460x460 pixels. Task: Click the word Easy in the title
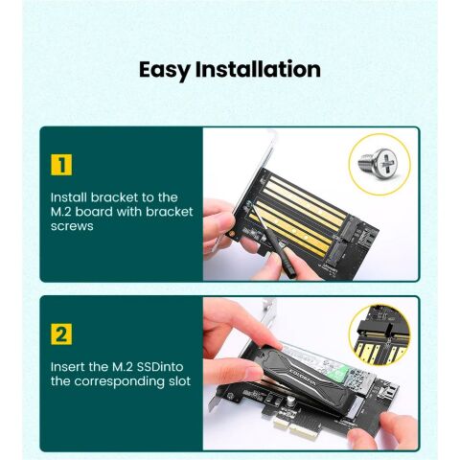point(164,71)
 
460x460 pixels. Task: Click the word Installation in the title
point(258,70)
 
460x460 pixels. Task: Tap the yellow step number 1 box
point(61,164)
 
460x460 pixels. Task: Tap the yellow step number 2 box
point(61,334)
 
